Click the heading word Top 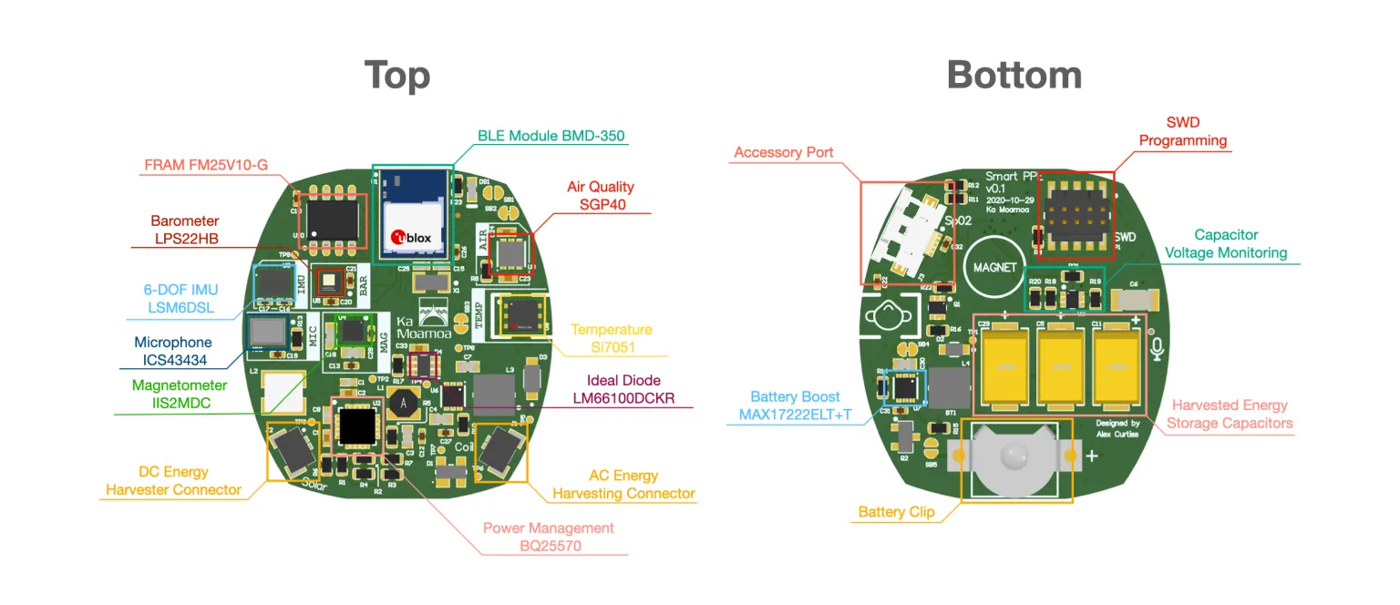[x=397, y=76]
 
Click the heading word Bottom [x=1014, y=75]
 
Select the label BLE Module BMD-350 [x=551, y=137]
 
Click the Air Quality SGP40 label [x=600, y=195]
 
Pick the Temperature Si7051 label [x=612, y=338]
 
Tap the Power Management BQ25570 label [x=548, y=537]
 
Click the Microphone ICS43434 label [x=173, y=351]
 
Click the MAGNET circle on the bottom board [x=993, y=267]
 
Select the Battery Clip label [x=895, y=512]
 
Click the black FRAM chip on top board [x=331, y=215]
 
